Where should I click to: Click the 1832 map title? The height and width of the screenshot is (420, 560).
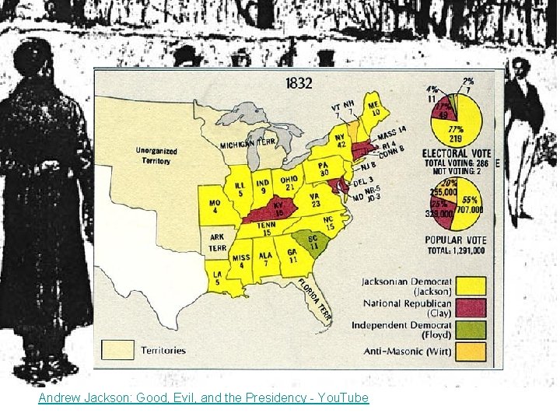coord(299,82)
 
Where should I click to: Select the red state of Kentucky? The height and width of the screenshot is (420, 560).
coord(277,209)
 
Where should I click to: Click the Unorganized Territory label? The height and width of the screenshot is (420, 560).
coord(156,156)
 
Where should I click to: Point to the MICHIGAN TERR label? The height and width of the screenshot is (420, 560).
coord(248,145)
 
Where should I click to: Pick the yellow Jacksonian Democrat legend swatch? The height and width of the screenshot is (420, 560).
coord(471,286)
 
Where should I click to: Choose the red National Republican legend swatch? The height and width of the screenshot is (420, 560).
coord(471,308)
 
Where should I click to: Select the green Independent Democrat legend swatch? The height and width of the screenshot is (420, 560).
coord(471,330)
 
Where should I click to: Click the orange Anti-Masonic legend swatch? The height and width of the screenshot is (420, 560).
coord(471,352)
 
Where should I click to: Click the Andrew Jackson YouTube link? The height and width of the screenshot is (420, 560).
coord(204,397)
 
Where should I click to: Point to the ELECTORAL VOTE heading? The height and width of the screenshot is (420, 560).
coord(457,153)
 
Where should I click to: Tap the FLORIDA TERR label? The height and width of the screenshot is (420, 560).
coord(315,299)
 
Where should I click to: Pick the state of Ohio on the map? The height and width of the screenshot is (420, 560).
coord(289,181)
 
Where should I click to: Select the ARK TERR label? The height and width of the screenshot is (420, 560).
coord(217,243)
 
